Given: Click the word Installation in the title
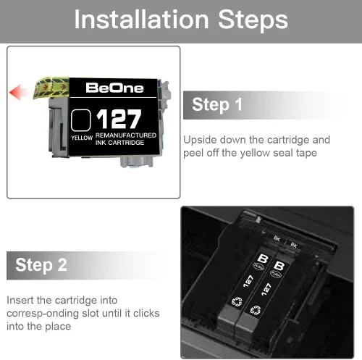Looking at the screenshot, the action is [x=141, y=20].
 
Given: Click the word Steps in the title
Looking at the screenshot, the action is [x=253, y=21].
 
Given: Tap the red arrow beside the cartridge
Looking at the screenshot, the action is [x=17, y=92].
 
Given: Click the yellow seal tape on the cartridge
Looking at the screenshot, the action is [x=51, y=88].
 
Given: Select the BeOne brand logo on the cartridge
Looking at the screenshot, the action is [x=114, y=88].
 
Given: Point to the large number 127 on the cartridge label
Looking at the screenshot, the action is [x=119, y=119].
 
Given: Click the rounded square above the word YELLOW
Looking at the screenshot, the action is [x=81, y=120].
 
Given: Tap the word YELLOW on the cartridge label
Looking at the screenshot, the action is [x=82, y=138].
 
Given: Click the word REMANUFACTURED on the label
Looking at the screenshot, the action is [x=126, y=135].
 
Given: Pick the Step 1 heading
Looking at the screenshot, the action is [x=217, y=105].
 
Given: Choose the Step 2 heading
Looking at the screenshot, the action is [x=41, y=265].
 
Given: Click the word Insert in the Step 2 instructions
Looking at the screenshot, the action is [x=20, y=300].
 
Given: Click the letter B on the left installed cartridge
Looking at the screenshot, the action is [x=263, y=259].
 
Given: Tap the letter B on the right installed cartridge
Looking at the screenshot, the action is [x=279, y=266].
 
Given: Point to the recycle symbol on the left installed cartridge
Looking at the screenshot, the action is [x=237, y=302].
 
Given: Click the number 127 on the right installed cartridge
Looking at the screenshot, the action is [x=266, y=289].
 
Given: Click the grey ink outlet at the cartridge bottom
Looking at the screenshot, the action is [x=137, y=162].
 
